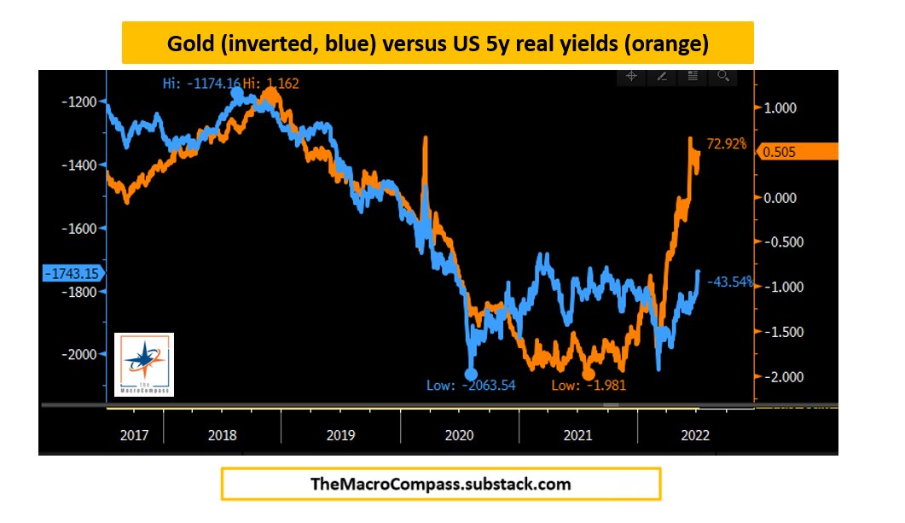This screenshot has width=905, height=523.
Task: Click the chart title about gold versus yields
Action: [x=437, y=43]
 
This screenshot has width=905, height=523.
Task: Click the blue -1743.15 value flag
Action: [x=70, y=273]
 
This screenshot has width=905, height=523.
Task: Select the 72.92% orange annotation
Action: [x=726, y=143]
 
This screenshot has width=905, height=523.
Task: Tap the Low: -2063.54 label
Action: [x=471, y=386]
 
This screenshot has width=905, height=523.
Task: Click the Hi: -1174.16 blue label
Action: [x=201, y=83]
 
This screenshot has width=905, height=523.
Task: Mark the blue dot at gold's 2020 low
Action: [x=470, y=374]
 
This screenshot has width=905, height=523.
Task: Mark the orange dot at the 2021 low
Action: [x=587, y=374]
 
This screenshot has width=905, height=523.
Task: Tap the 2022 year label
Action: [x=693, y=434]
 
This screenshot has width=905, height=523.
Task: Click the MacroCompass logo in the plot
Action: [x=144, y=364]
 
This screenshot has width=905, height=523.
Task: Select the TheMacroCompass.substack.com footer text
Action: [x=440, y=484]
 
